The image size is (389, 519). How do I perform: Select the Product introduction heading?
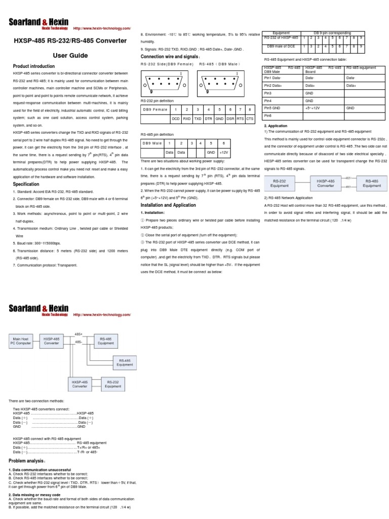coord(33,66)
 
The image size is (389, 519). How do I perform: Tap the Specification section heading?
coord(26,170)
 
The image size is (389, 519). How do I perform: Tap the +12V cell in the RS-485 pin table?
coord(224,152)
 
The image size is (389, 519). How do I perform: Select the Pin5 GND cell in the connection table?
coord(273,108)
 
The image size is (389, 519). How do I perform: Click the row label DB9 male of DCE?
coord(281,47)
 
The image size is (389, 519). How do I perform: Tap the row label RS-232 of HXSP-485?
coord(281,37)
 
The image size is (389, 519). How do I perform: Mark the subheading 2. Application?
coord(276,126)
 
